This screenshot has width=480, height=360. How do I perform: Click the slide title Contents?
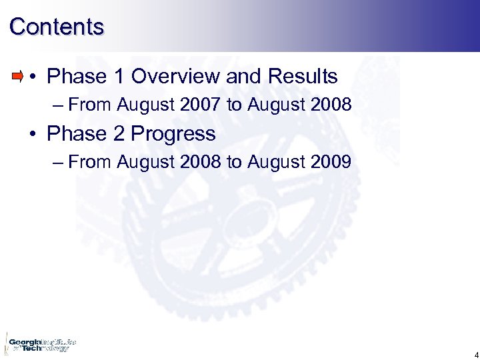(57, 27)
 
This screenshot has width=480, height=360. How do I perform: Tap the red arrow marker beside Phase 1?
(18, 76)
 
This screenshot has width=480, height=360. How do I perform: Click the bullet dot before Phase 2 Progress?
(33, 135)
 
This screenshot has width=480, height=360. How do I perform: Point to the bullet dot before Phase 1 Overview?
(33, 77)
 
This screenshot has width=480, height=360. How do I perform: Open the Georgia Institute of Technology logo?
(40, 344)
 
